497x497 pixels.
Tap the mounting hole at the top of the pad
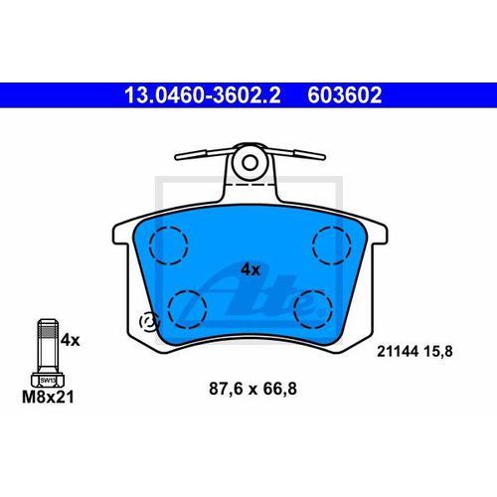250,161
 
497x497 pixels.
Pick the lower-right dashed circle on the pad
317,307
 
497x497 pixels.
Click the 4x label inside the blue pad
250,268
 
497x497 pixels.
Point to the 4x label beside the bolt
70,340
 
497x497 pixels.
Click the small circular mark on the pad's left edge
151,321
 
